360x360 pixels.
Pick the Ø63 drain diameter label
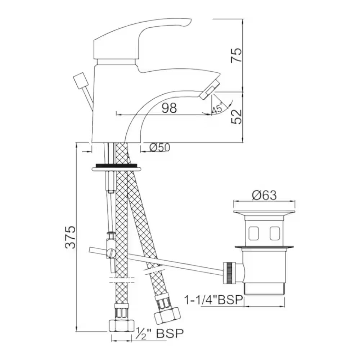pyautogui.click(x=264, y=195)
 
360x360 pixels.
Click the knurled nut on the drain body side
pyautogui.click(x=229, y=273)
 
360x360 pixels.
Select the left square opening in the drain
pyautogui.click(x=253, y=233)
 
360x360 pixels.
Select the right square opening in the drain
pyautogui.click(x=275, y=233)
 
